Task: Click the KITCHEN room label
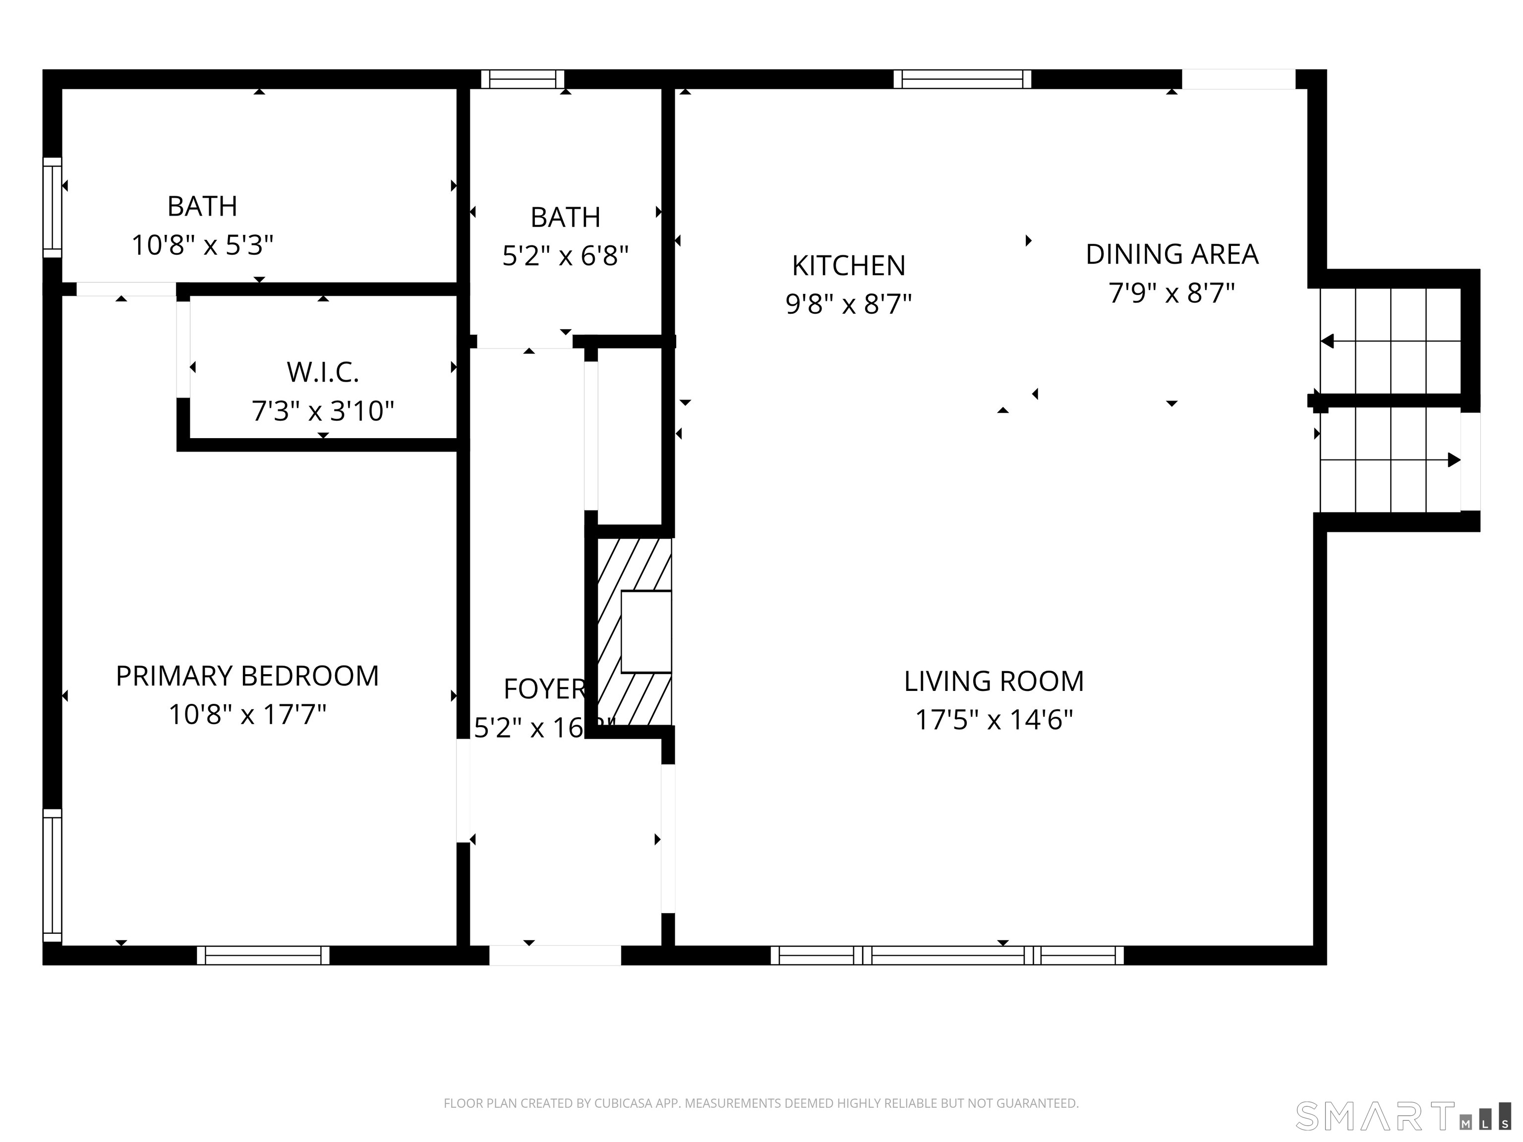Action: (x=848, y=266)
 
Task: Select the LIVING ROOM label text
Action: (x=994, y=682)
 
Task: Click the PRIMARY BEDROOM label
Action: (x=247, y=676)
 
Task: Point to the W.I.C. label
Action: (x=323, y=372)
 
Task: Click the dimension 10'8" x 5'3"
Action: (x=202, y=245)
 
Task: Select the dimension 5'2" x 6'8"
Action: (x=565, y=256)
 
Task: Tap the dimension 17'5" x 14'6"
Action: (x=994, y=720)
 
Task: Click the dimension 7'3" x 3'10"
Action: (x=323, y=411)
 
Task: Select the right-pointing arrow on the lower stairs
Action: (x=1454, y=460)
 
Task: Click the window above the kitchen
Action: (x=962, y=79)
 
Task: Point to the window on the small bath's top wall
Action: (x=522, y=79)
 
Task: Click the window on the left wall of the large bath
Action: (x=53, y=207)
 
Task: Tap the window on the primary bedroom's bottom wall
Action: (x=263, y=956)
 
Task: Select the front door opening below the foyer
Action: (x=555, y=956)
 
